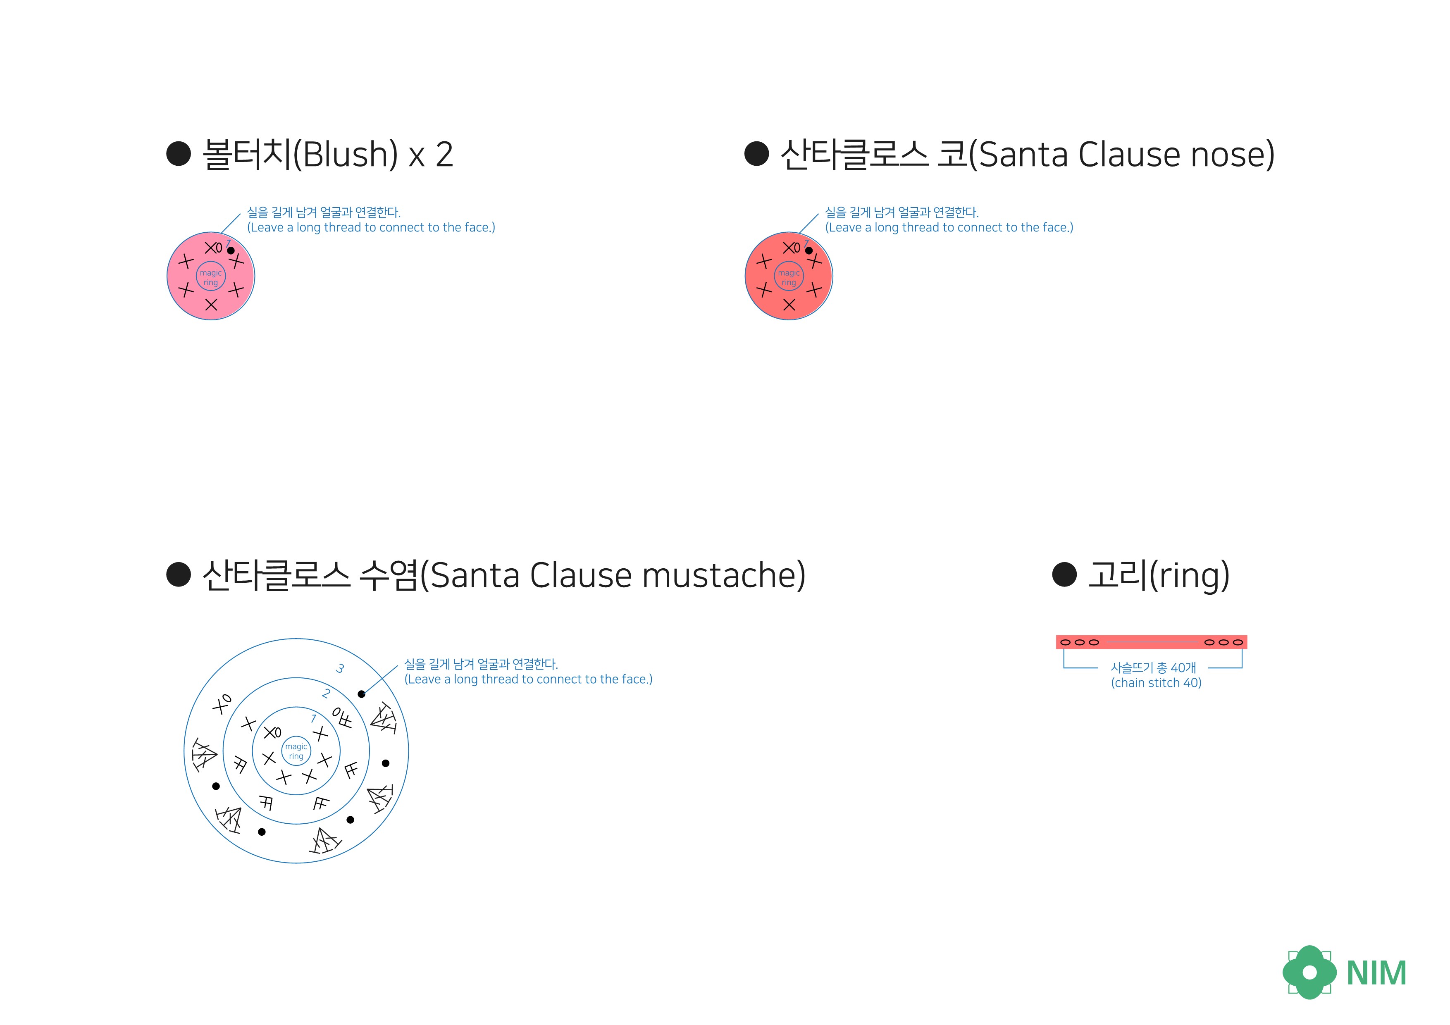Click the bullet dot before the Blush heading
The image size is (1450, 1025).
click(x=178, y=153)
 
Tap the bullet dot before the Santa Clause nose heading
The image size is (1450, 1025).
click(x=756, y=153)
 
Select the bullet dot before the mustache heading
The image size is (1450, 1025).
click(x=178, y=574)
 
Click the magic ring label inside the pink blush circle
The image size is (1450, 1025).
click(x=210, y=277)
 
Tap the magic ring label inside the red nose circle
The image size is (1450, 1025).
click(x=789, y=277)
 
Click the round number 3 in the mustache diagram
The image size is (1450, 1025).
click(x=340, y=668)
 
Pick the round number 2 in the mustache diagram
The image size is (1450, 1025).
click(x=326, y=694)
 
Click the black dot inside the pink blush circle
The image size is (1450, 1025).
click(x=231, y=251)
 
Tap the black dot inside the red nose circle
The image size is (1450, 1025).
click(x=808, y=251)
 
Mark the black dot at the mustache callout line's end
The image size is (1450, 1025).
click(x=361, y=694)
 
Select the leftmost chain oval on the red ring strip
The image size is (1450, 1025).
click(x=1066, y=642)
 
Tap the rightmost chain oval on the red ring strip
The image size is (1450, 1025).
click(x=1238, y=642)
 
